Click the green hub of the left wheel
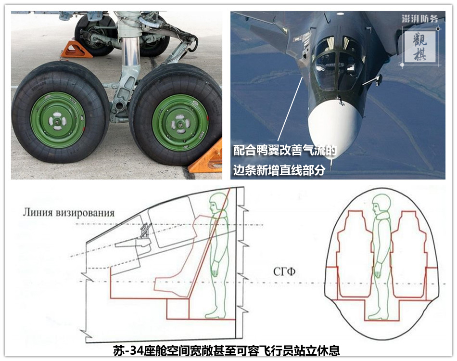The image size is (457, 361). click(x=58, y=120)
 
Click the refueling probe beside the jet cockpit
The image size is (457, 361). click(x=371, y=80)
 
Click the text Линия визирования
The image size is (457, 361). click(x=69, y=213)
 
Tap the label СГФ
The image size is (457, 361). click(x=284, y=272)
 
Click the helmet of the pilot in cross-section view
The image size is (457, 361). click(x=381, y=203)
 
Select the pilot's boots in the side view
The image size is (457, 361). click(x=216, y=313)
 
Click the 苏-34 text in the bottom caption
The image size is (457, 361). click(x=128, y=350)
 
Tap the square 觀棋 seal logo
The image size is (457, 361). click(x=420, y=47)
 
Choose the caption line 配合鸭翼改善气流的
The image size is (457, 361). click(x=285, y=150)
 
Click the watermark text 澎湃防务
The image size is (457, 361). click(x=419, y=19)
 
